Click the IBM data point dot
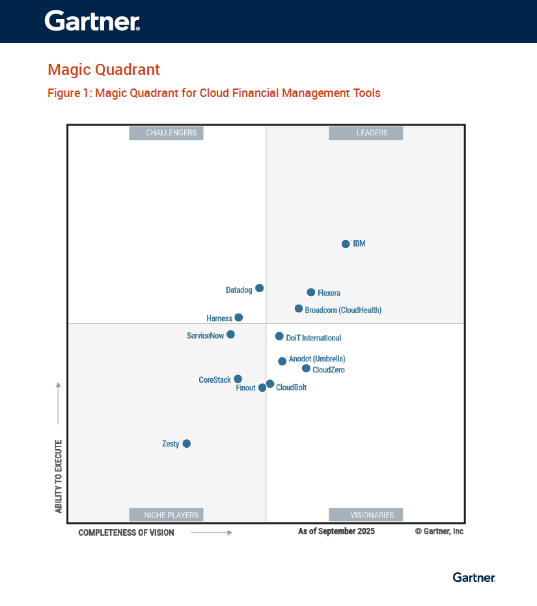click(346, 244)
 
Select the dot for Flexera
click(311, 292)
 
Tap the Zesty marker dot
click(187, 444)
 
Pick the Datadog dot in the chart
click(259, 288)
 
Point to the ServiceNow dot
click(230, 335)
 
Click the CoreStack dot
click(238, 379)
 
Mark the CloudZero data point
click(306, 368)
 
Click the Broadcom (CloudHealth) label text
click(343, 310)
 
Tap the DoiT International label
click(313, 338)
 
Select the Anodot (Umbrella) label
click(317, 359)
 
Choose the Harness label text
click(219, 318)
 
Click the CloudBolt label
click(291, 387)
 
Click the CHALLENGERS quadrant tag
click(167, 133)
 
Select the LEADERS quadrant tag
click(366, 133)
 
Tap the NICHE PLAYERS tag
click(167, 515)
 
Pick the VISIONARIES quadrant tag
click(366, 515)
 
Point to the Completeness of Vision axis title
click(126, 532)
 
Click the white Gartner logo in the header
click(92, 21)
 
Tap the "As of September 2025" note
click(337, 531)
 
